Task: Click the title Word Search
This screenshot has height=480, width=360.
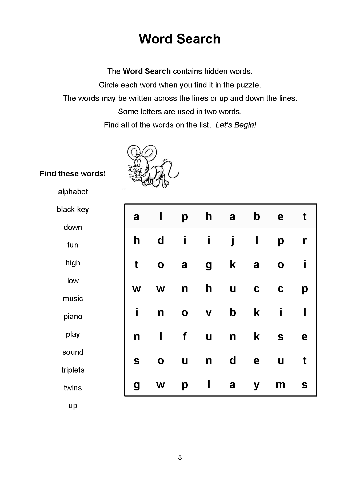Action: (180, 39)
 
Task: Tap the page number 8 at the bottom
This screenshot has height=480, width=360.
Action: (180, 457)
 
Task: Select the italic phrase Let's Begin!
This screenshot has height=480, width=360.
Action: (236, 125)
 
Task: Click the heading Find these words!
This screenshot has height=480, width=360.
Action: (73, 174)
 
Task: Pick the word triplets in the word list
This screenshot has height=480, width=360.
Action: (73, 370)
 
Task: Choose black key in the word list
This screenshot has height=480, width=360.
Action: (73, 209)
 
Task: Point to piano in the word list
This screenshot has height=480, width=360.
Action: (73, 317)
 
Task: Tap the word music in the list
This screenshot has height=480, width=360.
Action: (73, 298)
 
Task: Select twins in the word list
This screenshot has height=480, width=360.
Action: (73, 388)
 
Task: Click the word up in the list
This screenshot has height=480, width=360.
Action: (73, 406)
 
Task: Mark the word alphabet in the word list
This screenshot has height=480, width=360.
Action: (73, 191)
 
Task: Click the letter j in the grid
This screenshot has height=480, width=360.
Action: (233, 241)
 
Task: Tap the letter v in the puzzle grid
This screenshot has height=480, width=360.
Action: (209, 313)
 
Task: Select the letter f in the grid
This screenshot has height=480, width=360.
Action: (185, 337)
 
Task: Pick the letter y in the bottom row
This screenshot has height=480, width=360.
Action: (257, 385)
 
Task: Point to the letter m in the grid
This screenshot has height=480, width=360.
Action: (281, 385)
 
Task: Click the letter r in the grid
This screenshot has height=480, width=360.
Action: (305, 241)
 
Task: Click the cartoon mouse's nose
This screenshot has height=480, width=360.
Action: (130, 169)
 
